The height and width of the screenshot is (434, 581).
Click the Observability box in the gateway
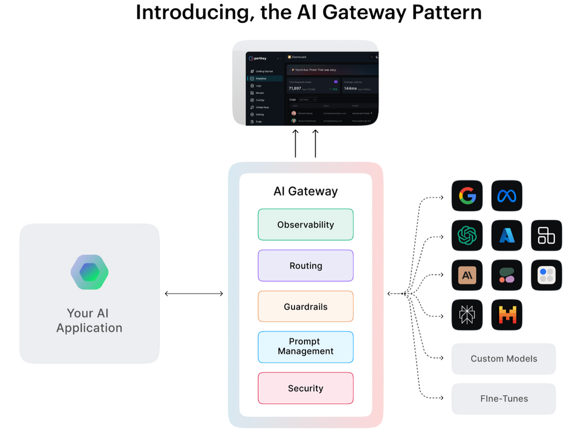(x=306, y=225)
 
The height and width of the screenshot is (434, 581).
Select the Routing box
(x=306, y=266)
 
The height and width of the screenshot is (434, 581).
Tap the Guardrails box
(x=306, y=306)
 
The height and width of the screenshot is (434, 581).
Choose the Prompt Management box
(x=306, y=346)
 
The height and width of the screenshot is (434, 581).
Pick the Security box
(x=306, y=388)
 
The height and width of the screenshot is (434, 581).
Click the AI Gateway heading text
(x=306, y=191)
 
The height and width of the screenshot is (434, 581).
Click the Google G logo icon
(x=467, y=196)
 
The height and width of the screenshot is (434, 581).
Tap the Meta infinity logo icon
(x=507, y=196)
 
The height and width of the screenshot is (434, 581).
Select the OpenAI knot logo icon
(x=467, y=235)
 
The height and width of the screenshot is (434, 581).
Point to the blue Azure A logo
(x=507, y=235)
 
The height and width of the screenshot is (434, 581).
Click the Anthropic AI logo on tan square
(x=467, y=275)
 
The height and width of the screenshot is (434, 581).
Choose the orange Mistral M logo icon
(x=507, y=314)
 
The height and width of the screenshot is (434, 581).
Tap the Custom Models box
(x=504, y=359)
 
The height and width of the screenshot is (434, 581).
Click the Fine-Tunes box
(x=504, y=399)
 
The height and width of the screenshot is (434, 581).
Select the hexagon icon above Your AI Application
(x=89, y=272)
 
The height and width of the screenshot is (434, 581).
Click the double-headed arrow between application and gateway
(x=194, y=294)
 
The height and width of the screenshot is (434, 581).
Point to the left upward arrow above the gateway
(x=296, y=143)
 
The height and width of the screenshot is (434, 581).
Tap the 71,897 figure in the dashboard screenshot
(x=295, y=88)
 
